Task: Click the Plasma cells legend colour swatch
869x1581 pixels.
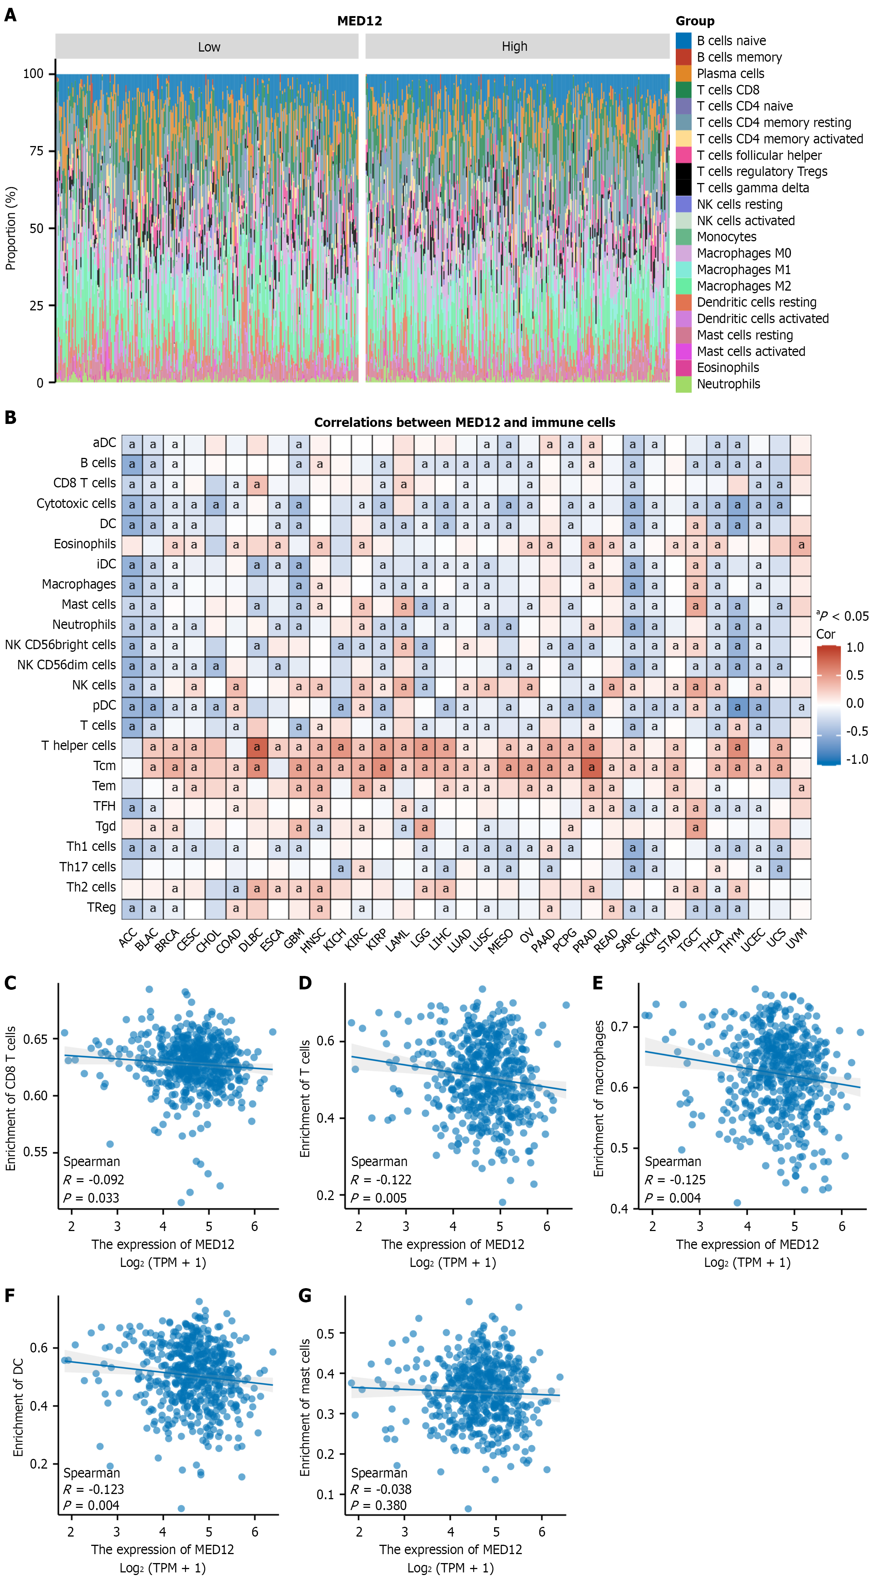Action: [684, 73]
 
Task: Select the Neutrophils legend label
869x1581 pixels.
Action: [728, 384]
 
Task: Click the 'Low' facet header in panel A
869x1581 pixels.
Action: [209, 47]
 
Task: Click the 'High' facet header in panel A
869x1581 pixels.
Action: [515, 47]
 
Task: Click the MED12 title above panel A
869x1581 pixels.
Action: [360, 21]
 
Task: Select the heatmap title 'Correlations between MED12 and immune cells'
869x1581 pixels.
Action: [465, 422]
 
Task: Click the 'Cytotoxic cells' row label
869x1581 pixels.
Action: [76, 503]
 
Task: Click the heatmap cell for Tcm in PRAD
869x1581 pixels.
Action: [591, 767]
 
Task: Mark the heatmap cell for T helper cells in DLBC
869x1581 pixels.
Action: [257, 747]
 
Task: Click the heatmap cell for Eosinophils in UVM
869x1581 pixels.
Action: [801, 545]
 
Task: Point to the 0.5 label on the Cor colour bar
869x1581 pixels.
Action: [855, 675]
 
